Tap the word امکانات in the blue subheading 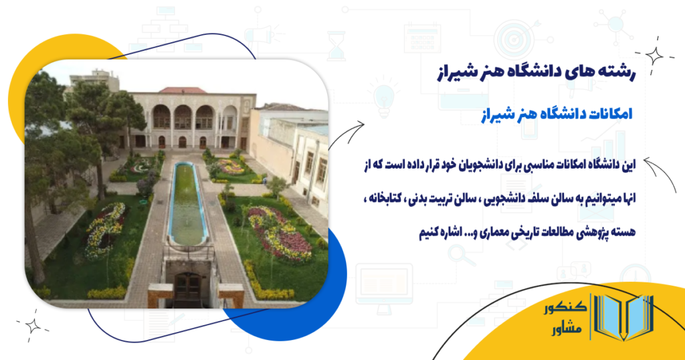[x=604, y=114]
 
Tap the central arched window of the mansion [x=183, y=118]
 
